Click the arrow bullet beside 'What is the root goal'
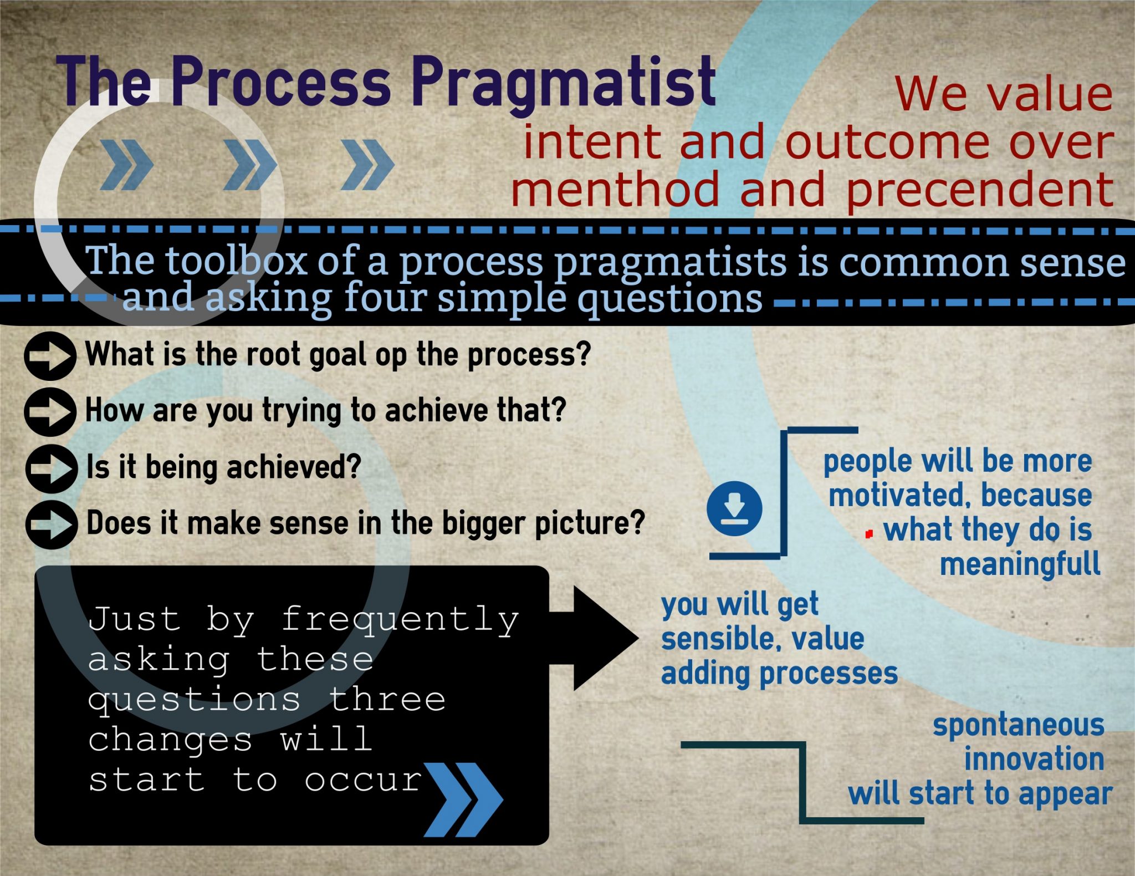[50, 355]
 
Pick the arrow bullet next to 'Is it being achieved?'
[51, 468]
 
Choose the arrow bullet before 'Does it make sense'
[51, 524]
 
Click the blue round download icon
[734, 508]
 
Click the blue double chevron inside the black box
[463, 799]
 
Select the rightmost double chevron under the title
[367, 164]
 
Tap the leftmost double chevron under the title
[126, 164]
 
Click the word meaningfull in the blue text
[1020, 564]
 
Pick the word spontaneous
[1019, 725]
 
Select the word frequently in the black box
[400, 620]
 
